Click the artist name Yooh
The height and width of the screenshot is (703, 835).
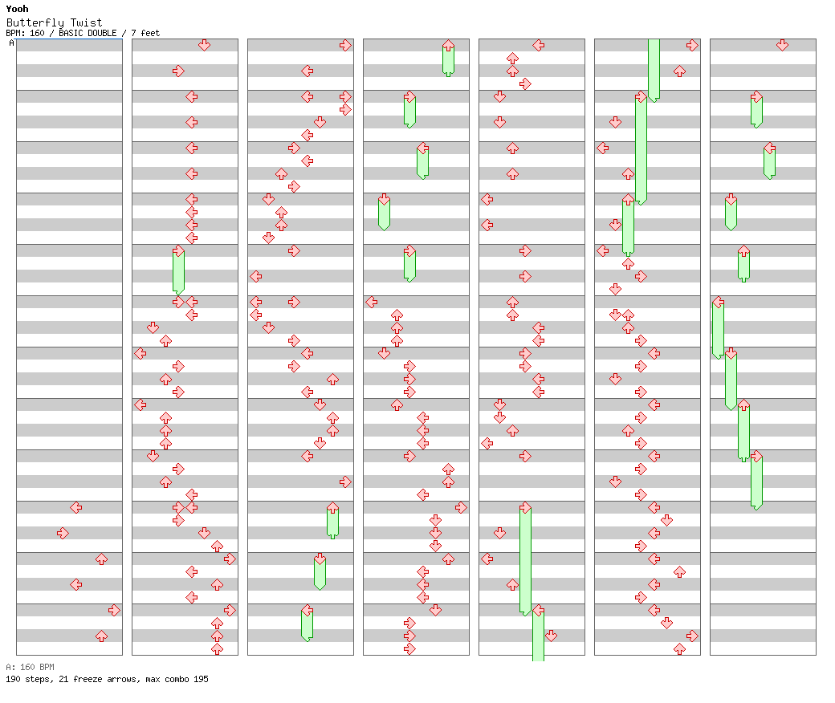(x=17, y=9)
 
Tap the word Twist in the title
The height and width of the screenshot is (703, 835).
(x=86, y=22)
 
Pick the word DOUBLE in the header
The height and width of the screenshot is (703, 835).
(x=102, y=33)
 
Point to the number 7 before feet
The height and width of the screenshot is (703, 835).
(x=133, y=33)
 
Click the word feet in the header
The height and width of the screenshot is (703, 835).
(x=150, y=33)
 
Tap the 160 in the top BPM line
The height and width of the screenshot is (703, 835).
(x=37, y=33)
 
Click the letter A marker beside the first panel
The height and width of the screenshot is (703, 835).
(x=12, y=43)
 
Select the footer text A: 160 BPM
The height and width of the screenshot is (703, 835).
(x=30, y=667)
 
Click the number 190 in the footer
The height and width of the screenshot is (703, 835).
(x=13, y=679)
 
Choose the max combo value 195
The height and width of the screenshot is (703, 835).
(x=202, y=679)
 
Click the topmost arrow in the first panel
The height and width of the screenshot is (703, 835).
(x=76, y=508)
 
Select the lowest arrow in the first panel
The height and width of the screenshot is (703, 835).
(x=101, y=636)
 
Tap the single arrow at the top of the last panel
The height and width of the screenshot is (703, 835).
(x=782, y=45)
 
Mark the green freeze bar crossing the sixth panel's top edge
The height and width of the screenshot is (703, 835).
(x=654, y=69)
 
